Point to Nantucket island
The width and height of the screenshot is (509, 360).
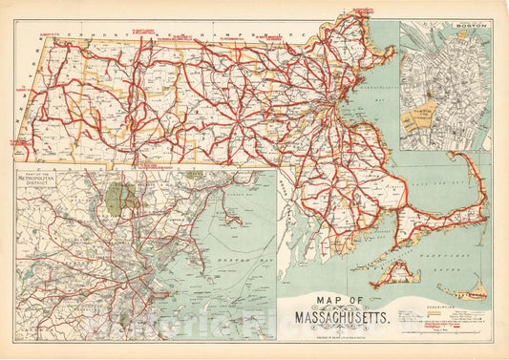(x=468, y=286)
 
